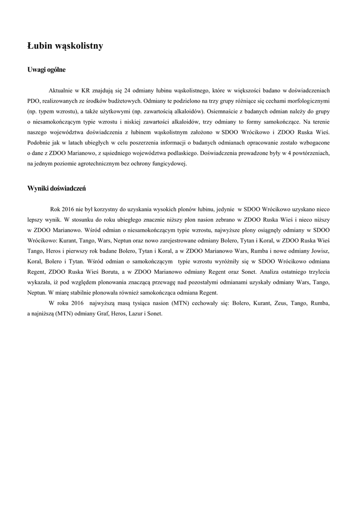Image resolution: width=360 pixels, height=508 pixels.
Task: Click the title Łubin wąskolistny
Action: (65, 46)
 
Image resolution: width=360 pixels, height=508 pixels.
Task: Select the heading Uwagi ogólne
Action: (46, 69)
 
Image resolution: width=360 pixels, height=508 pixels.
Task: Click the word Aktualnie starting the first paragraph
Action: (61, 90)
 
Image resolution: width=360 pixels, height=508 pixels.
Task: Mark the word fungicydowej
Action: (169, 163)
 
